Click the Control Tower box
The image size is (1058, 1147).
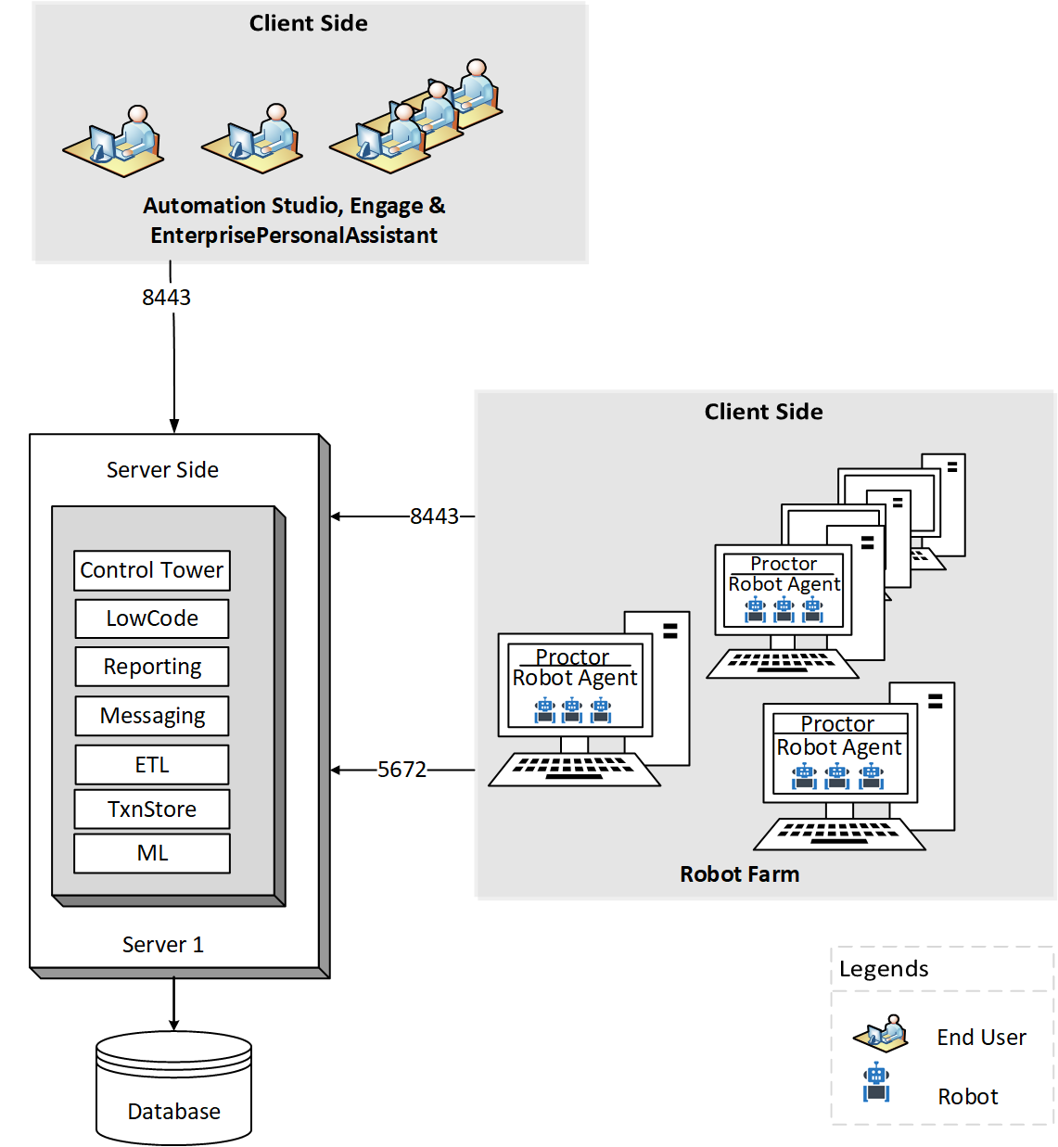(x=152, y=570)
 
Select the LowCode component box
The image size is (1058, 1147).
(x=152, y=618)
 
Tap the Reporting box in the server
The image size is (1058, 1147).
(x=152, y=667)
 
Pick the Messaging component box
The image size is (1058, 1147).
(x=152, y=716)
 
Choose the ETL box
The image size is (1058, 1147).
(x=152, y=765)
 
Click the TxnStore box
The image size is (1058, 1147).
(x=152, y=809)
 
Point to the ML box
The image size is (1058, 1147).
(x=152, y=853)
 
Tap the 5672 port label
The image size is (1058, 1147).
(x=402, y=770)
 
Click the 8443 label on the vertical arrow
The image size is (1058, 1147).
(x=166, y=298)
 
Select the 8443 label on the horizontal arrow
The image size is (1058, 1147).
(x=434, y=516)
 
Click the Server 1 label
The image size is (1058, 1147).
(x=163, y=945)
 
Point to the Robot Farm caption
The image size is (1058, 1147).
(x=739, y=874)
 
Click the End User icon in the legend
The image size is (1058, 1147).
(x=881, y=1033)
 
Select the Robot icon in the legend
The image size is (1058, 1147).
(x=876, y=1082)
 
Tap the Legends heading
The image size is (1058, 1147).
(x=884, y=969)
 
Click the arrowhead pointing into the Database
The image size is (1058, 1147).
(x=173, y=1024)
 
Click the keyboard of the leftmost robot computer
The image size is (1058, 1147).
(x=574, y=769)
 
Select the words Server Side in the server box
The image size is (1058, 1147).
(x=162, y=470)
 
